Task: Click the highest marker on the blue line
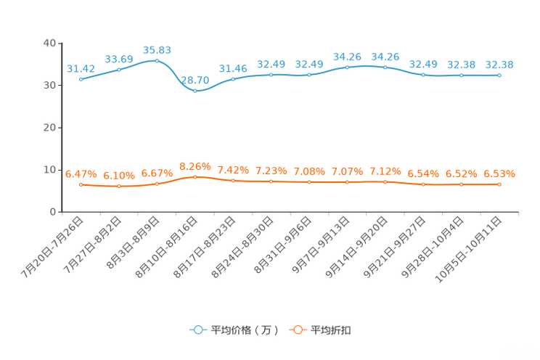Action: [x=157, y=60]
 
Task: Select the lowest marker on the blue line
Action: [x=195, y=90]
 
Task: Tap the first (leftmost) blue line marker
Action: [x=81, y=78]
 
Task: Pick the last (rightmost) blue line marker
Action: [x=499, y=75]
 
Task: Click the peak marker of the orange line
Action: [x=195, y=176]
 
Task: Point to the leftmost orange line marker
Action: [x=81, y=184]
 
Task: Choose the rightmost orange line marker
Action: [x=499, y=184]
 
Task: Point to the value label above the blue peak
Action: [x=157, y=49]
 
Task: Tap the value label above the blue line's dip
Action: [x=195, y=79]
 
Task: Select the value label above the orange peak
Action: [x=195, y=165]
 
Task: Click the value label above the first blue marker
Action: [x=81, y=68]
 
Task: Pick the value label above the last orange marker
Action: [x=499, y=173]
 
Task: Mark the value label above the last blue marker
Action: [x=499, y=65]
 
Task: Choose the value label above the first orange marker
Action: [x=81, y=173]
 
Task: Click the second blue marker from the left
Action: [x=118, y=69]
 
